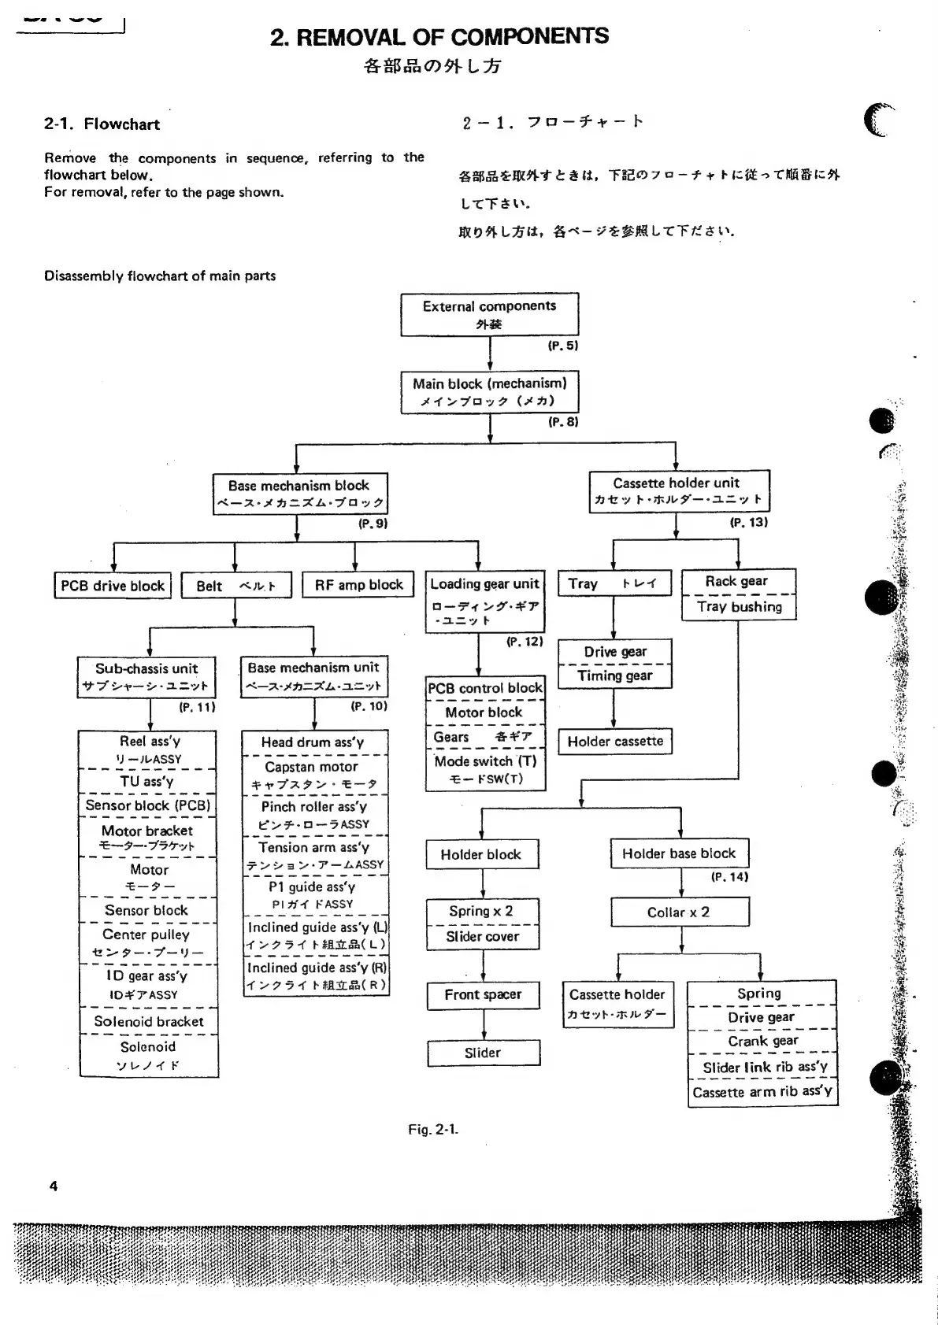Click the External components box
(489, 314)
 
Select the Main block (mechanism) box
(489, 391)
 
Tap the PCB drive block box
(113, 586)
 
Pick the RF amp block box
(358, 584)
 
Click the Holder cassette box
(615, 741)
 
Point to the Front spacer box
(483, 995)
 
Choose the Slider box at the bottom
(483, 1053)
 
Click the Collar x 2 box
(679, 912)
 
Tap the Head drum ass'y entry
(313, 742)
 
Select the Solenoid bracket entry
(149, 1022)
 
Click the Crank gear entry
(762, 1041)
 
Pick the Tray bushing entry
(739, 607)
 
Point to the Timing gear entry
(614, 675)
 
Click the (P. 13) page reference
(748, 522)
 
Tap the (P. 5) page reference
(563, 345)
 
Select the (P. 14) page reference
(729, 876)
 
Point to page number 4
(54, 1186)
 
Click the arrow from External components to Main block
(490, 353)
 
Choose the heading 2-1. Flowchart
(102, 124)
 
